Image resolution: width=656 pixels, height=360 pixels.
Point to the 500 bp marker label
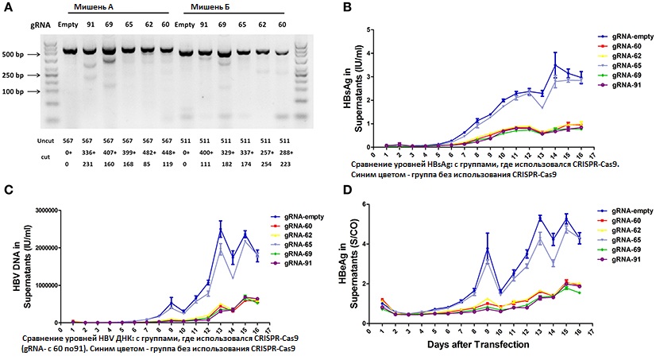16,56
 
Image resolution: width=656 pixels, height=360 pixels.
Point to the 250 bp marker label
16,75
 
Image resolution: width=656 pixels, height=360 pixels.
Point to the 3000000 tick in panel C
41,211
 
